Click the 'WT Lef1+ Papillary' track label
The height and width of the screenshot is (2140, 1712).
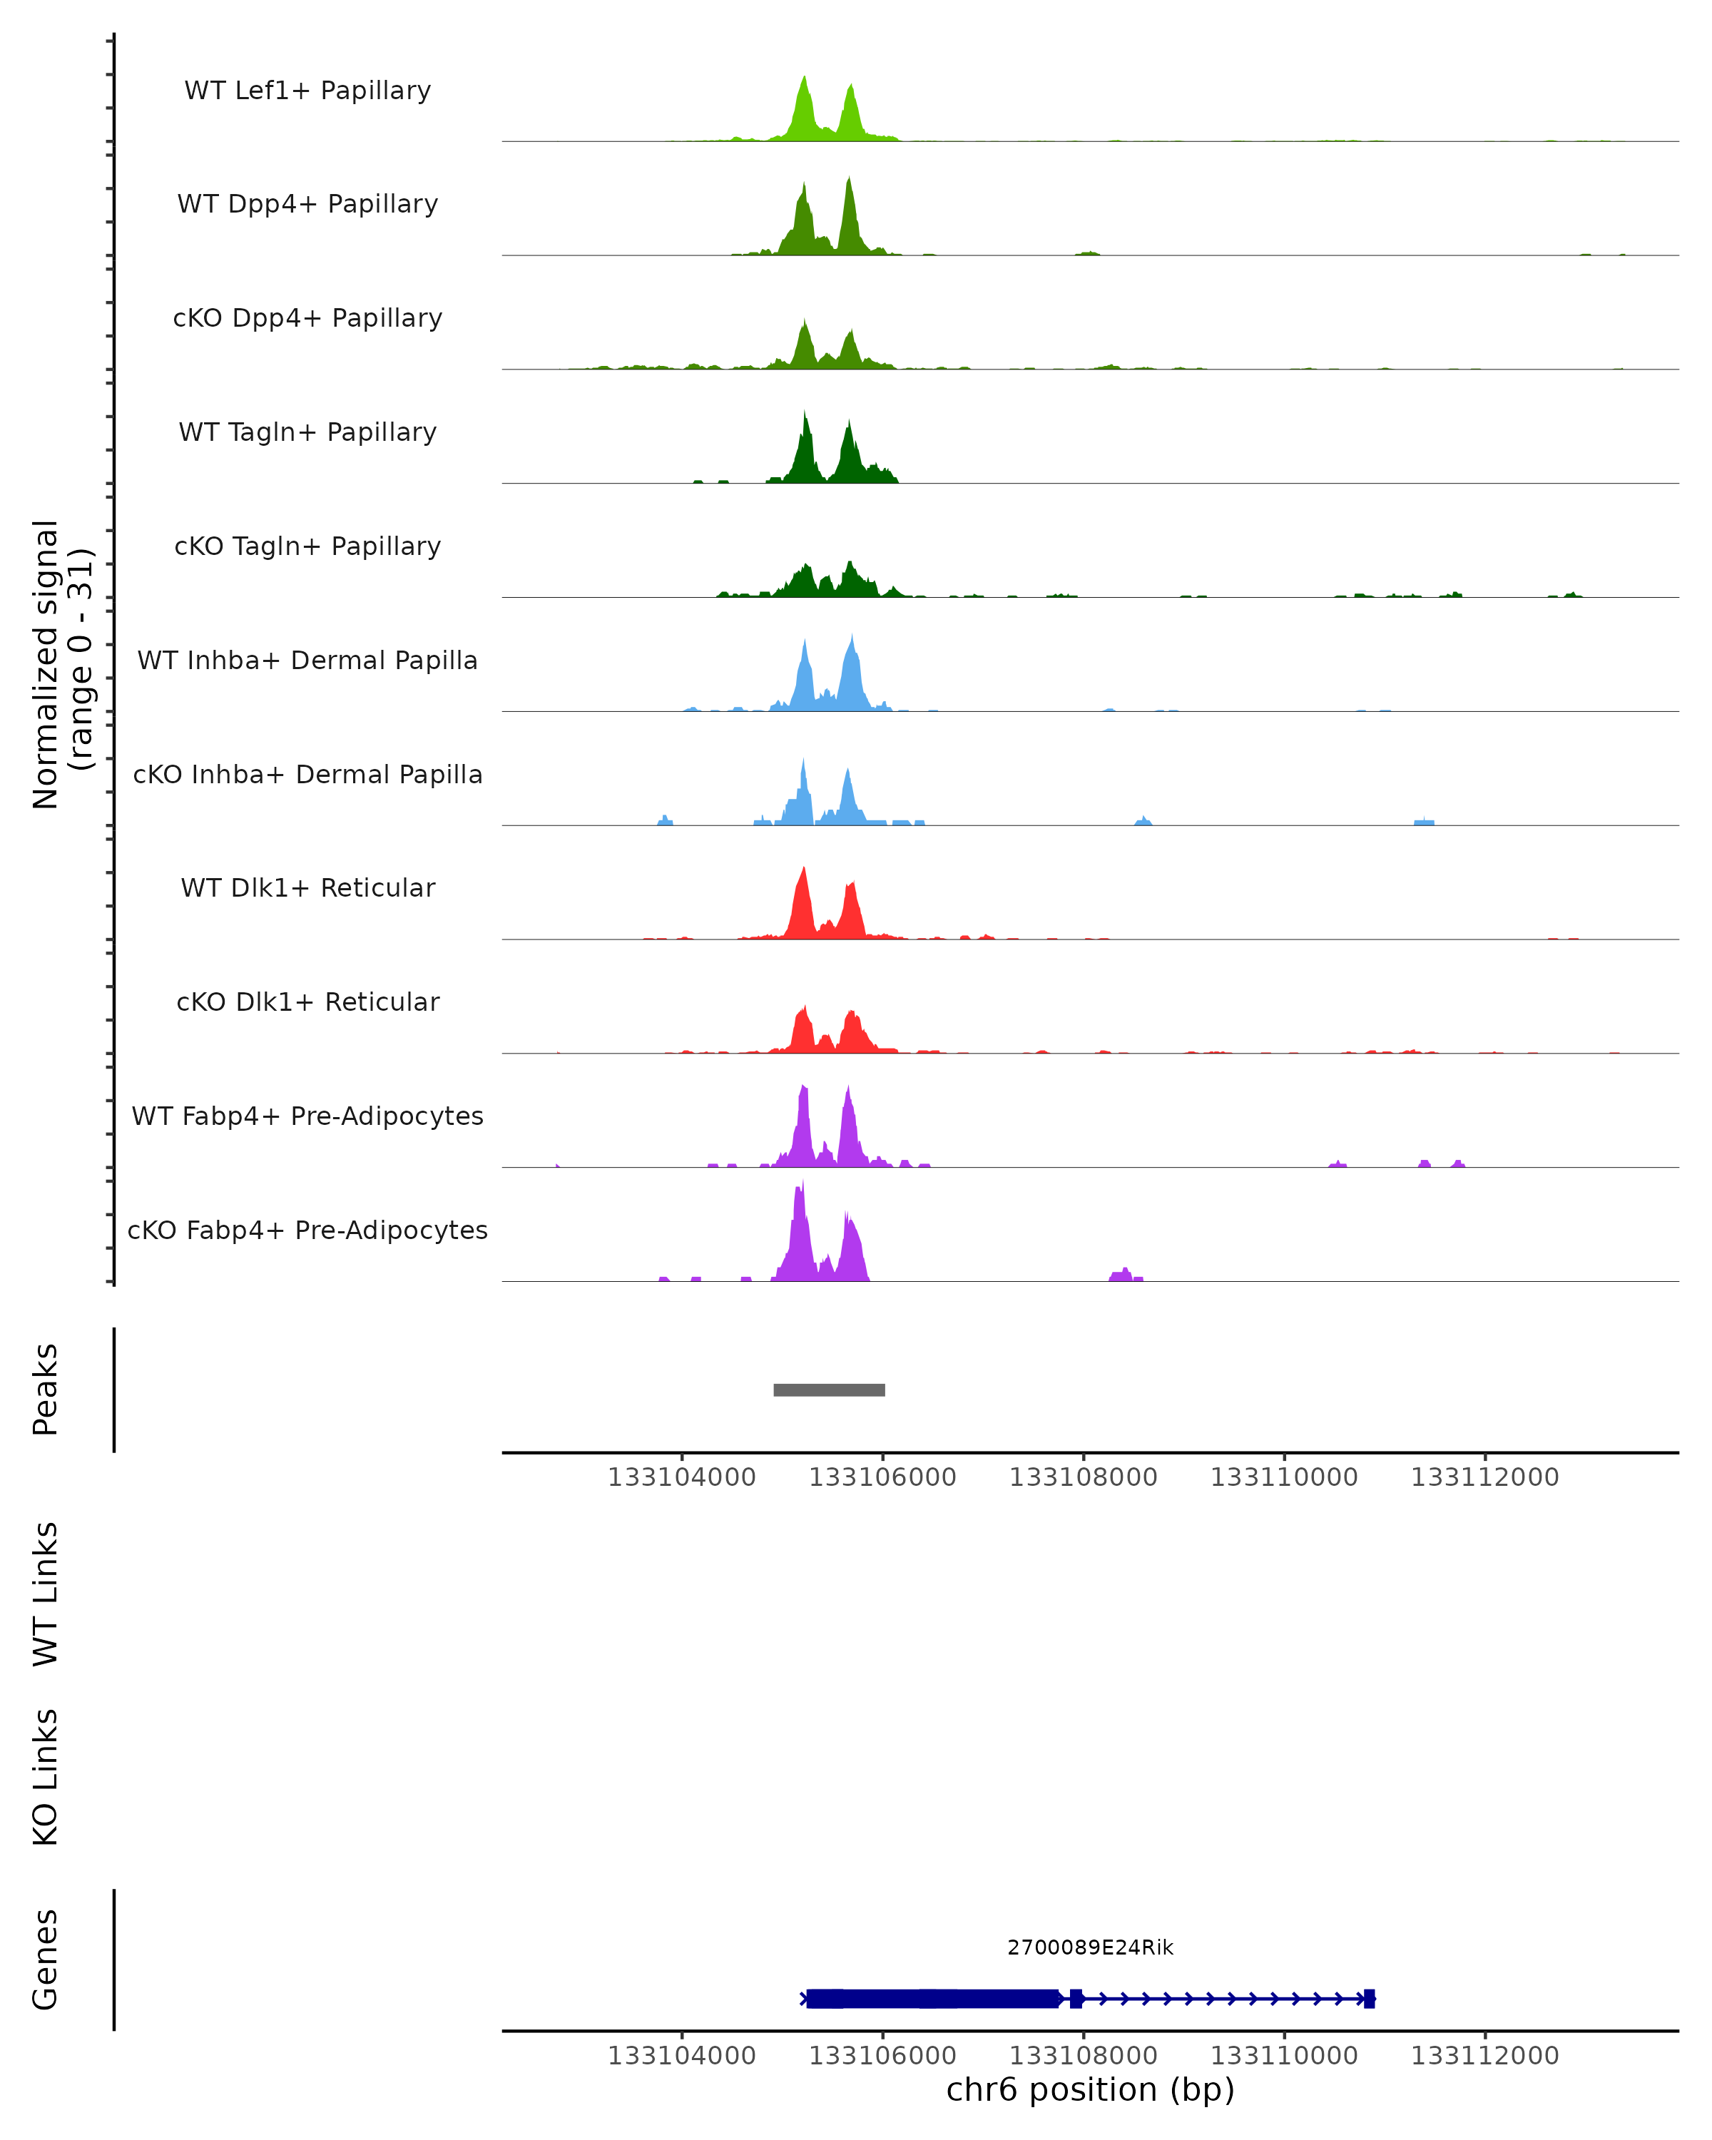307,91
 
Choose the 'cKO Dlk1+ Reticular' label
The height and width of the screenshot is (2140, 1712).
307,1002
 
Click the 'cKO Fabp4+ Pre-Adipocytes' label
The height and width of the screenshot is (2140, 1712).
307,1230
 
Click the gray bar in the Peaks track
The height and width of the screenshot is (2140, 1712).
829,1390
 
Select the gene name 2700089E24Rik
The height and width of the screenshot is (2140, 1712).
1090,1947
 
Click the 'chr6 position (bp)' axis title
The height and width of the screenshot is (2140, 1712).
1090,2089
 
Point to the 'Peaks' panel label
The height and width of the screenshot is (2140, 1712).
46,1389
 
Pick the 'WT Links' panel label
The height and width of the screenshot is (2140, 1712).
46,1593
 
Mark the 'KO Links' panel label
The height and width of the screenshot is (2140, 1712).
46,1777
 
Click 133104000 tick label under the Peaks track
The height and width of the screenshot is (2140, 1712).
682,1477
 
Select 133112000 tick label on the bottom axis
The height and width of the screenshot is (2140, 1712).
1484,2056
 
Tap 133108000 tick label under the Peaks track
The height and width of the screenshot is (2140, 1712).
1083,1477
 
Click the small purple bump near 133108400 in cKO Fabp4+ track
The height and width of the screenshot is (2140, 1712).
1124,1275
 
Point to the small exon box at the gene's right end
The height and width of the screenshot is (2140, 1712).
1369,1999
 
